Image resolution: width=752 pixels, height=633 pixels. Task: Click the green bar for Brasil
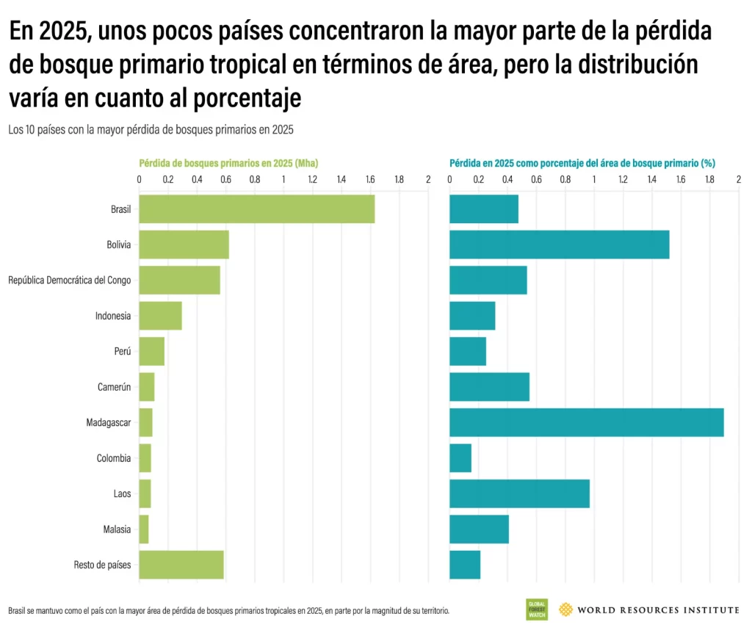click(x=256, y=209)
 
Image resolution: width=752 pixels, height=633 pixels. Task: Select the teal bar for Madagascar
click(x=586, y=422)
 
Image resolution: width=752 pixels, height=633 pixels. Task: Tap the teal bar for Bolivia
click(x=559, y=245)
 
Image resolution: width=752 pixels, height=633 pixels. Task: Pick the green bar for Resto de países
click(x=181, y=565)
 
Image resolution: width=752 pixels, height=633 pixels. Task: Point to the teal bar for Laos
click(x=519, y=493)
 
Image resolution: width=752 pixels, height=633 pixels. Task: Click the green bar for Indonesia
click(x=160, y=316)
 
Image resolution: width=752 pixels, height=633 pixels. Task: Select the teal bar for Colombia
click(x=460, y=458)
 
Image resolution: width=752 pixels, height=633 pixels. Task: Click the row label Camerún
click(x=114, y=387)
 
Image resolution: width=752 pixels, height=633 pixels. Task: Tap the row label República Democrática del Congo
click(x=70, y=281)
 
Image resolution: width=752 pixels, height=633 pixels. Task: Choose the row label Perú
click(x=122, y=352)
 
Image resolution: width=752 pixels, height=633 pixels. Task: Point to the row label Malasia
click(x=117, y=529)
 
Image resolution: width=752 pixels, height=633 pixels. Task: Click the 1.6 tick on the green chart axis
click(x=369, y=179)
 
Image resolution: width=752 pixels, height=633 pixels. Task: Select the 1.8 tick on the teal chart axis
click(x=709, y=179)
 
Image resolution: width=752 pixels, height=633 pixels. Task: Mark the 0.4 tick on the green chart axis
click(x=197, y=179)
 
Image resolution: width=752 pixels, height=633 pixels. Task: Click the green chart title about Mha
click(x=228, y=163)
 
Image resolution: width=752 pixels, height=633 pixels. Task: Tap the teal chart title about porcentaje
click(x=582, y=163)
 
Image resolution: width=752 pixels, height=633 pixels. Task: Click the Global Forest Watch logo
click(x=536, y=610)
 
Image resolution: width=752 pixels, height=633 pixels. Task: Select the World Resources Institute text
click(x=658, y=610)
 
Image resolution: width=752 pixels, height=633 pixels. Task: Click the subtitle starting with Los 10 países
click(x=151, y=129)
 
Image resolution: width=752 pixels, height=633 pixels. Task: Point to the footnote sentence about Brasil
click(x=228, y=611)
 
